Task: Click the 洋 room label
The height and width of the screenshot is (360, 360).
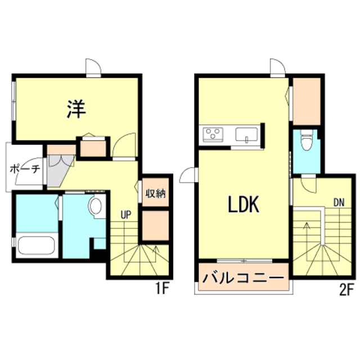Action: pyautogui.click(x=76, y=109)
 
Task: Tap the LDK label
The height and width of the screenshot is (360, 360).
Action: pyautogui.click(x=244, y=204)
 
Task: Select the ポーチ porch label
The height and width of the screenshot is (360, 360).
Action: pyautogui.click(x=25, y=169)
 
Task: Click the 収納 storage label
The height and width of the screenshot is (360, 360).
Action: pyautogui.click(x=155, y=193)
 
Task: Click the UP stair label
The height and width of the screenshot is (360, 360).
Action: pyautogui.click(x=126, y=215)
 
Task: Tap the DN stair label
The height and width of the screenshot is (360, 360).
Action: pyautogui.click(x=339, y=202)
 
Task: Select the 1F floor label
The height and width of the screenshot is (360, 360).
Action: pyautogui.click(x=163, y=288)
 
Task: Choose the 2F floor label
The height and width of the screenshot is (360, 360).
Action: pyautogui.click(x=346, y=290)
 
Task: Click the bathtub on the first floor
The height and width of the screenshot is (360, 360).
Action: pyautogui.click(x=37, y=245)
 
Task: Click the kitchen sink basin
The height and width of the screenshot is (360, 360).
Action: pyautogui.click(x=246, y=134)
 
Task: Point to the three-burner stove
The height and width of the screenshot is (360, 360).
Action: pyautogui.click(x=213, y=134)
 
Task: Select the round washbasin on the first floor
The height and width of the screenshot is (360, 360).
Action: pyautogui.click(x=96, y=206)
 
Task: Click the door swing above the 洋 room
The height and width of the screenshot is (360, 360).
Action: pyautogui.click(x=93, y=66)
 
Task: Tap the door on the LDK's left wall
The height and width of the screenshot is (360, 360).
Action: pyautogui.click(x=187, y=175)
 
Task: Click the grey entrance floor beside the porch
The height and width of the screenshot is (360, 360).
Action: pyautogui.click(x=58, y=170)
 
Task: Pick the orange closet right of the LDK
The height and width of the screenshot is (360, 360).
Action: pyautogui.click(x=307, y=101)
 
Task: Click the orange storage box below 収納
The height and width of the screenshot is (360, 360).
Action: pyautogui.click(x=155, y=226)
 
